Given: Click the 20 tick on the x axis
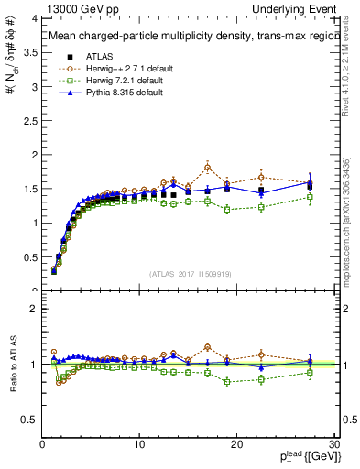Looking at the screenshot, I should coord(236,443).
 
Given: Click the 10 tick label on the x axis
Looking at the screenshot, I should coord(139,443).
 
